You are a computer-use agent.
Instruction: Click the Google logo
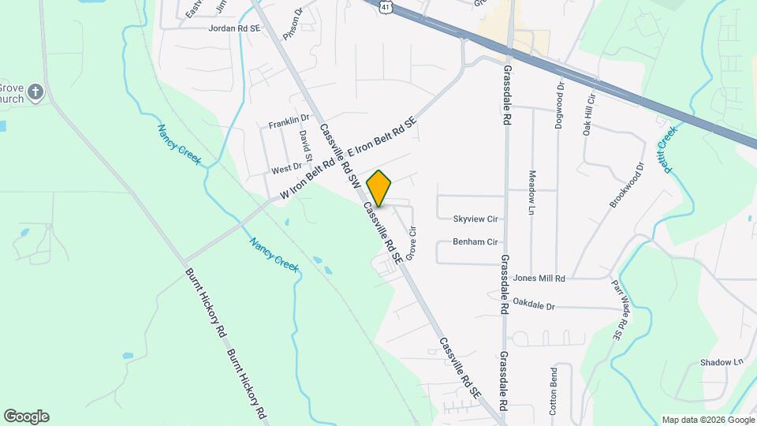click(x=26, y=417)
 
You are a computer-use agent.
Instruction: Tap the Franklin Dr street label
click(x=289, y=122)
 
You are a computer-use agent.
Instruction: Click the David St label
click(x=305, y=144)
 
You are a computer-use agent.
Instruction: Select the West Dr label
click(x=286, y=167)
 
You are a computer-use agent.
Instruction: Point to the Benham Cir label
click(x=475, y=242)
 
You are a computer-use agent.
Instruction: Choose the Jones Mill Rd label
click(x=540, y=278)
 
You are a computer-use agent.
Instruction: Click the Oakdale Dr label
click(x=534, y=303)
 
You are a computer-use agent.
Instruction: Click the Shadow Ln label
click(x=722, y=362)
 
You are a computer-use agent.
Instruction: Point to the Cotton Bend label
click(x=554, y=391)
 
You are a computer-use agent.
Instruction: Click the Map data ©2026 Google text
click(x=707, y=420)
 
